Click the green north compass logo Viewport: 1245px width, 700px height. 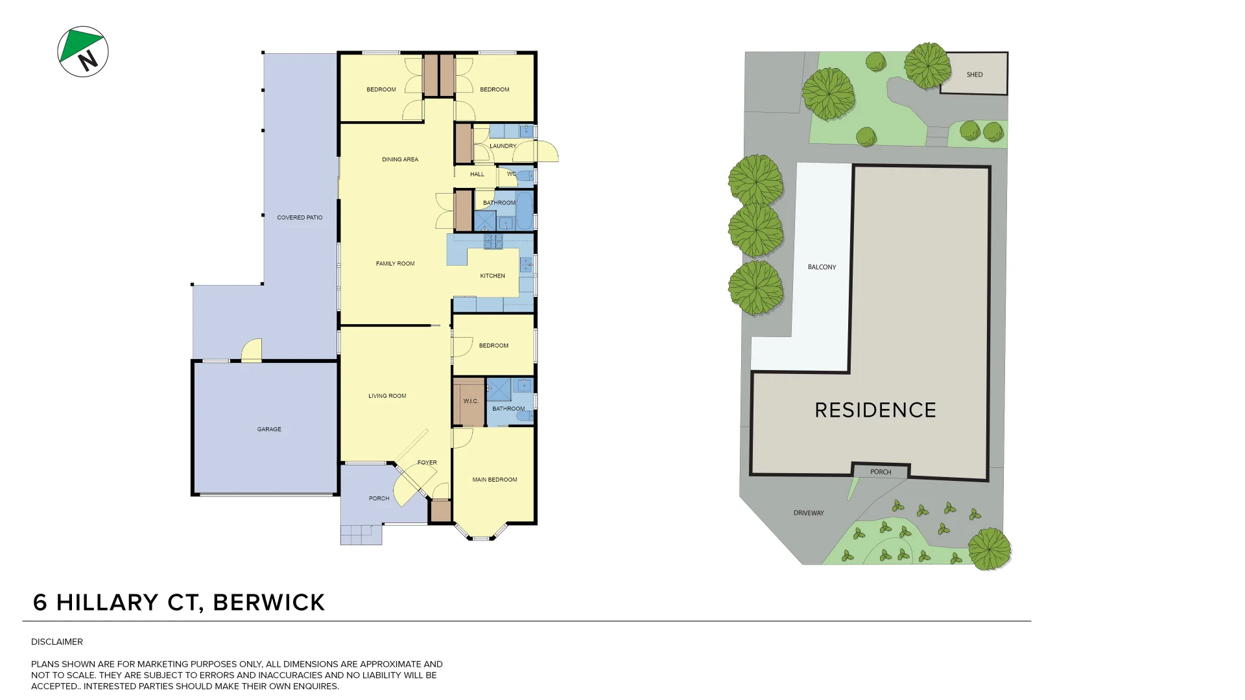pos(82,51)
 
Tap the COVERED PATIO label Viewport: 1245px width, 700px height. pos(300,218)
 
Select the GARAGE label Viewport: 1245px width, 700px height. pos(269,429)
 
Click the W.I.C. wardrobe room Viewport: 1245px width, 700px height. pos(469,402)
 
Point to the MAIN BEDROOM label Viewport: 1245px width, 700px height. pos(495,480)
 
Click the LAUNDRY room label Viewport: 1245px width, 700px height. pos(503,146)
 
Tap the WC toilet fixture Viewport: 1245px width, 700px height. pos(525,175)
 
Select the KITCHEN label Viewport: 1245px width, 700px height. pos(492,276)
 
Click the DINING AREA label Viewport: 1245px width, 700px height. pos(400,159)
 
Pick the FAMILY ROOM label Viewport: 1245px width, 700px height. pos(395,264)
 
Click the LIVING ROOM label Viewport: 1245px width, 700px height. pos(387,396)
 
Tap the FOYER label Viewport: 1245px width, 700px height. pos(427,463)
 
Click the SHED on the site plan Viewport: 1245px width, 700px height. pos(974,75)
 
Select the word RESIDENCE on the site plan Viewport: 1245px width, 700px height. pos(875,410)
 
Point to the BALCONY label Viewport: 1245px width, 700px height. pos(822,267)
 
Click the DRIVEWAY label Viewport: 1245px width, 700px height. pos(809,513)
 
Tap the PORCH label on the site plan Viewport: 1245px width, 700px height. pos(881,472)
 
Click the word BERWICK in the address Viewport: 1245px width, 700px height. pos(268,603)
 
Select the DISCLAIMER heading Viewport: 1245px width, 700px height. pos(57,642)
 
